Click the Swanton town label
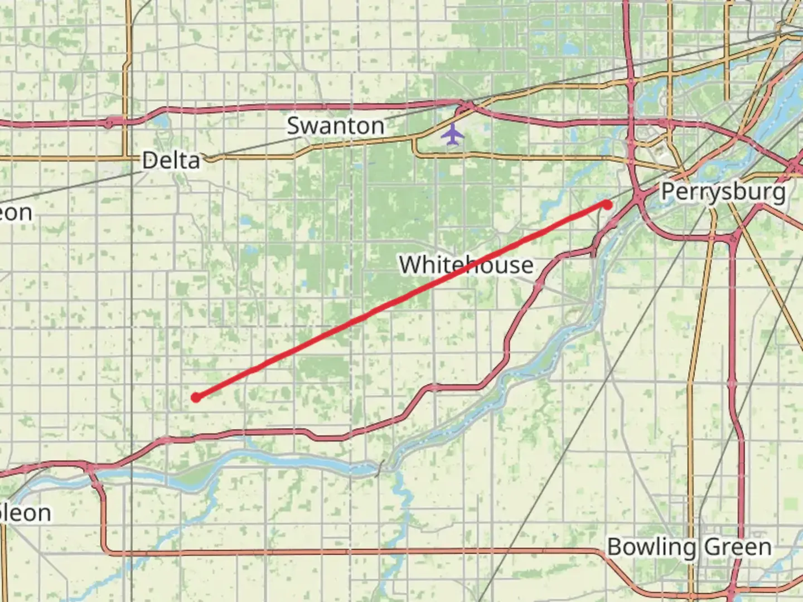[336, 126]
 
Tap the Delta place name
[171, 161]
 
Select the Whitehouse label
[466, 265]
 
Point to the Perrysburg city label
[723, 192]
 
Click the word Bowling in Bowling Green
[651, 547]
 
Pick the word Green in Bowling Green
[738, 547]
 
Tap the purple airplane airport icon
[452, 134]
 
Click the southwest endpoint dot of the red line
[196, 397]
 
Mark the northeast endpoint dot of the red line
[607, 205]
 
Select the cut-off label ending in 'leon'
[26, 513]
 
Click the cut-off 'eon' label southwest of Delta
[16, 212]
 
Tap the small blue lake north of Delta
[161, 120]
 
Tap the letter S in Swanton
[293, 126]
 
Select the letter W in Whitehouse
[410, 265]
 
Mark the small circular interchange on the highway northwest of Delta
[109, 123]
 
